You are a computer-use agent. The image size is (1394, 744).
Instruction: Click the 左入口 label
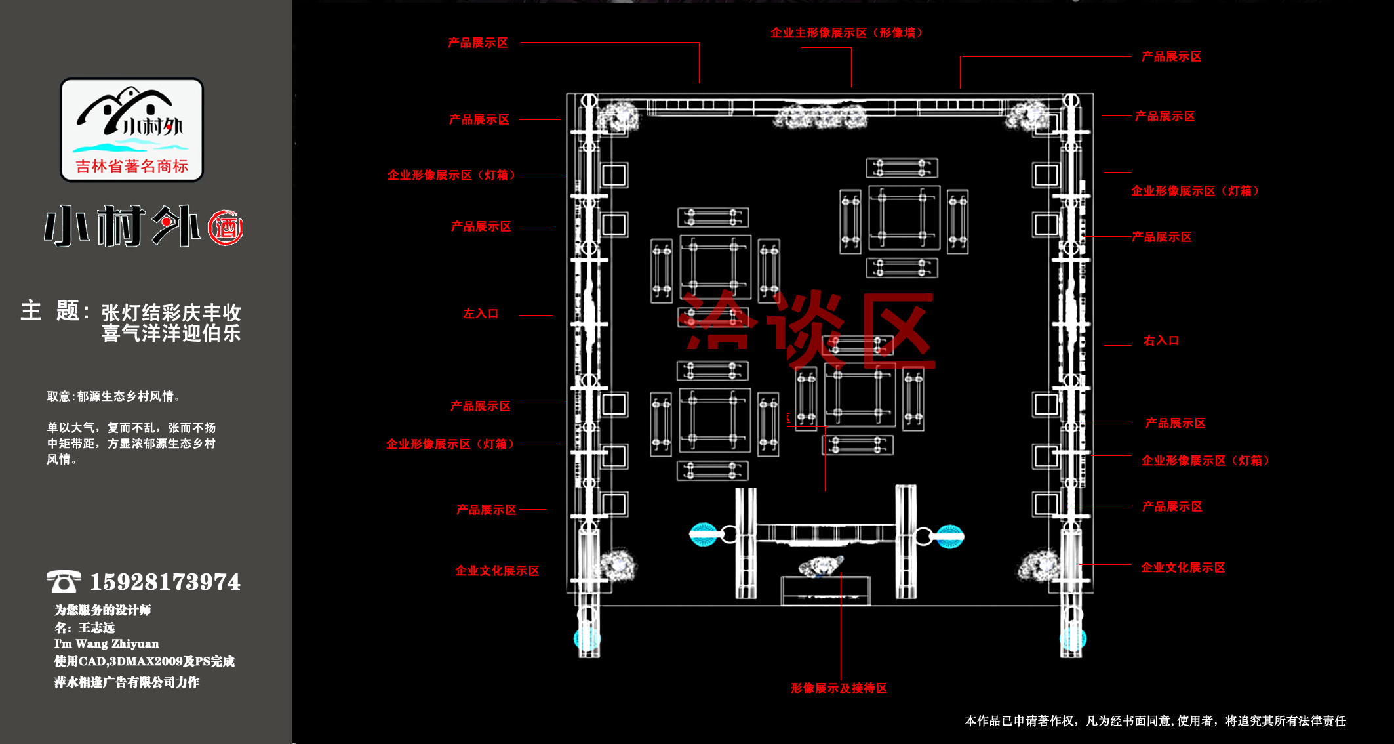(x=481, y=314)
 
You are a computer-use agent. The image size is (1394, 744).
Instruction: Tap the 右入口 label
(x=1161, y=341)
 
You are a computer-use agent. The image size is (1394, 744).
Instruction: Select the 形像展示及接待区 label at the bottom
(x=839, y=688)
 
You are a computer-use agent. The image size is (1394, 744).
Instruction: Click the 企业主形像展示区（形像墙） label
(x=846, y=33)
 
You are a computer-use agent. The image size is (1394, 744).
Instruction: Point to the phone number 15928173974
(x=165, y=582)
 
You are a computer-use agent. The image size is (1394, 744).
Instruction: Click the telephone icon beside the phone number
(x=64, y=581)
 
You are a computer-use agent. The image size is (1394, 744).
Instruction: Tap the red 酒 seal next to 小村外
(x=226, y=228)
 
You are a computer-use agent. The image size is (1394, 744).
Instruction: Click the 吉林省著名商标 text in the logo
(x=132, y=166)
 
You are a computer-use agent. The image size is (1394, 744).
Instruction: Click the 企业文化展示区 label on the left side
(x=497, y=571)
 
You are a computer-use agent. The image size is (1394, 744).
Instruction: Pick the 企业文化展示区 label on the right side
(x=1183, y=568)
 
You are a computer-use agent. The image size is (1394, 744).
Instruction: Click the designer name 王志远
(x=96, y=628)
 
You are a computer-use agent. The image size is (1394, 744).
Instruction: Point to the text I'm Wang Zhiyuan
(x=106, y=644)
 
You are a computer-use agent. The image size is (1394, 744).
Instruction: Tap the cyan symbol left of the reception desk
(x=703, y=535)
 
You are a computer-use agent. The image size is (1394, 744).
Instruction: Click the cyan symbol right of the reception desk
(x=949, y=536)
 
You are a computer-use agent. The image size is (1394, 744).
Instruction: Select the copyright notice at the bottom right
(x=1155, y=721)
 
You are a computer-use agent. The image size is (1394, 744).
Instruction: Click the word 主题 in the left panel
(x=50, y=310)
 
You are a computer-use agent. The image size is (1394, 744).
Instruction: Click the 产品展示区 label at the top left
(x=477, y=43)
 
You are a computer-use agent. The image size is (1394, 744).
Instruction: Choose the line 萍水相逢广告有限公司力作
(x=127, y=682)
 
